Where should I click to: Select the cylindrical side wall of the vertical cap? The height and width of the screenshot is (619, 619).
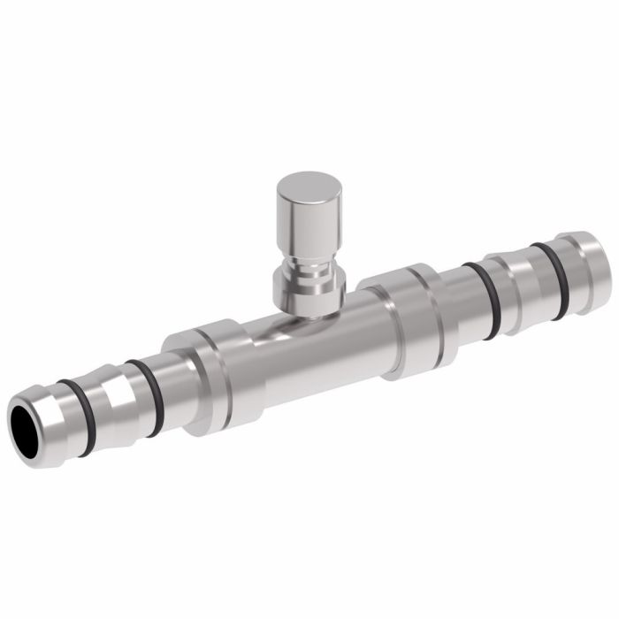(305, 221)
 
